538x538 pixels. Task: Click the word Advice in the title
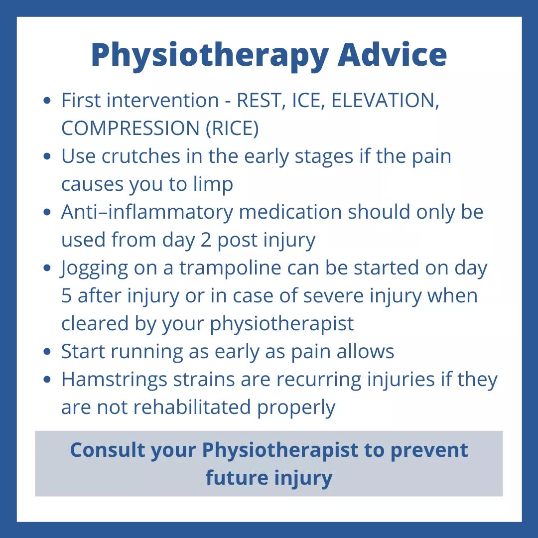tap(392, 54)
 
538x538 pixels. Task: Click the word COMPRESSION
tap(131, 129)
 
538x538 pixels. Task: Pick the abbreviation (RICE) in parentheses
tap(232, 129)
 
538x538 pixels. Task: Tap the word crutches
tap(140, 156)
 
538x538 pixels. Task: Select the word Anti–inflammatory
tap(147, 212)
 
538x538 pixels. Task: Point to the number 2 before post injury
tap(206, 240)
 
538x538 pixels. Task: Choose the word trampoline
tap(230, 268)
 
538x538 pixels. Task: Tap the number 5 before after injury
tap(67, 296)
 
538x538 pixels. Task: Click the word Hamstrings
tap(114, 380)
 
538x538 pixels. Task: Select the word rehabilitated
tap(192, 407)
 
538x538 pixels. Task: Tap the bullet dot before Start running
tap(47, 352)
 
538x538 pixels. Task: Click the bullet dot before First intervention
tap(47, 101)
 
